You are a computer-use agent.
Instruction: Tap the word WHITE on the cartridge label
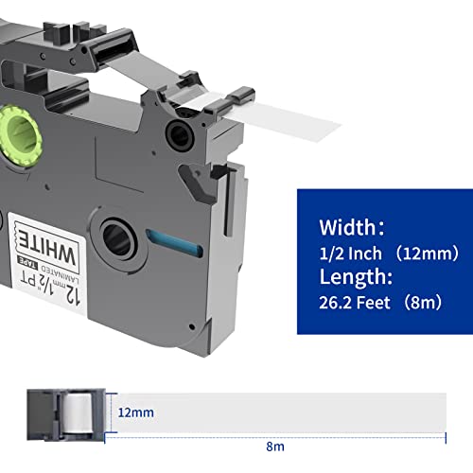(x=47, y=249)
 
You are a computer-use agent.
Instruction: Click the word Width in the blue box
(x=347, y=227)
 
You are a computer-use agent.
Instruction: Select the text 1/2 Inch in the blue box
(x=350, y=254)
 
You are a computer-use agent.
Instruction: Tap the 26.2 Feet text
(x=355, y=303)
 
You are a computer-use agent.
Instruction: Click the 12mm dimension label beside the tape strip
(x=136, y=412)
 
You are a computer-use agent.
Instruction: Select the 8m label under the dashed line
(x=275, y=447)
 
